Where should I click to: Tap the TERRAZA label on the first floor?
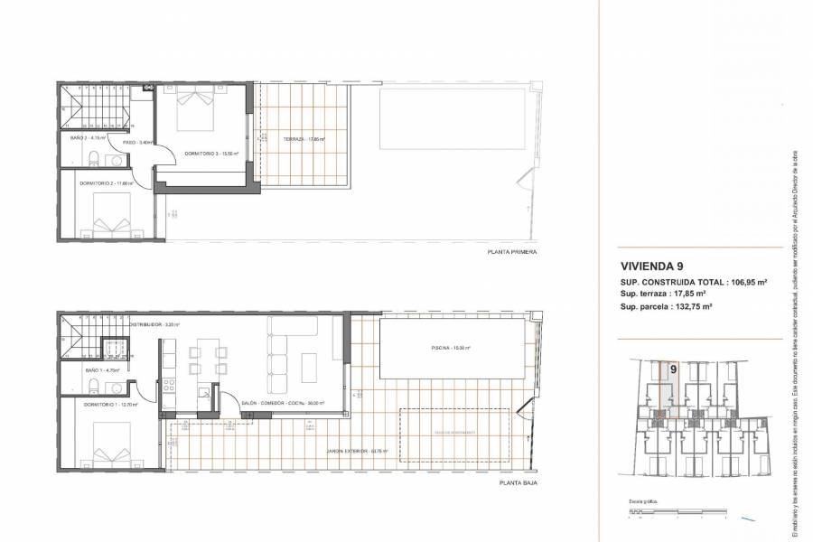click(x=304, y=139)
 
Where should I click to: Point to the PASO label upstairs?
click(x=131, y=143)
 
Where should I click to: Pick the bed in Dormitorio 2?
click(x=111, y=221)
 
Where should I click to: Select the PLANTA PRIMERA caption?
click(x=511, y=252)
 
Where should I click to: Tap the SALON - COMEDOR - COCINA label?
click(x=283, y=404)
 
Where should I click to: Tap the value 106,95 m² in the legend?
click(x=743, y=283)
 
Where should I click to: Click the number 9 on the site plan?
click(x=673, y=369)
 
